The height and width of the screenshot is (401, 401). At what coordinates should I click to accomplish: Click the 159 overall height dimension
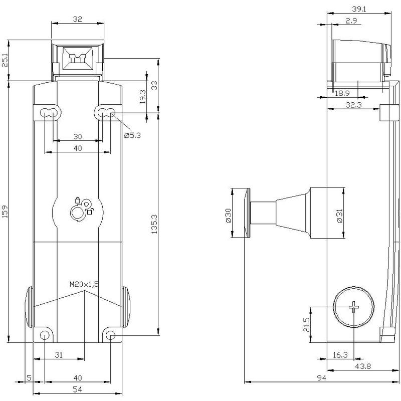tap(5, 211)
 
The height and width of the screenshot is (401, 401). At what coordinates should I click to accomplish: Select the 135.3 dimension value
tap(155, 225)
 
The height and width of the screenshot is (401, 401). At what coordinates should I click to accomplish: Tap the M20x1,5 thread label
tap(84, 284)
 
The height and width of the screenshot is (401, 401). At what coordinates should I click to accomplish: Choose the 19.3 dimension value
tap(142, 97)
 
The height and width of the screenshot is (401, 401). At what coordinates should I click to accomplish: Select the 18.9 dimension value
tap(343, 93)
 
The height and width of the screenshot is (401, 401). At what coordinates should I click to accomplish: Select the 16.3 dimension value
tap(340, 355)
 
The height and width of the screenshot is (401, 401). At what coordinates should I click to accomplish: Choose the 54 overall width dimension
tap(78, 388)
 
